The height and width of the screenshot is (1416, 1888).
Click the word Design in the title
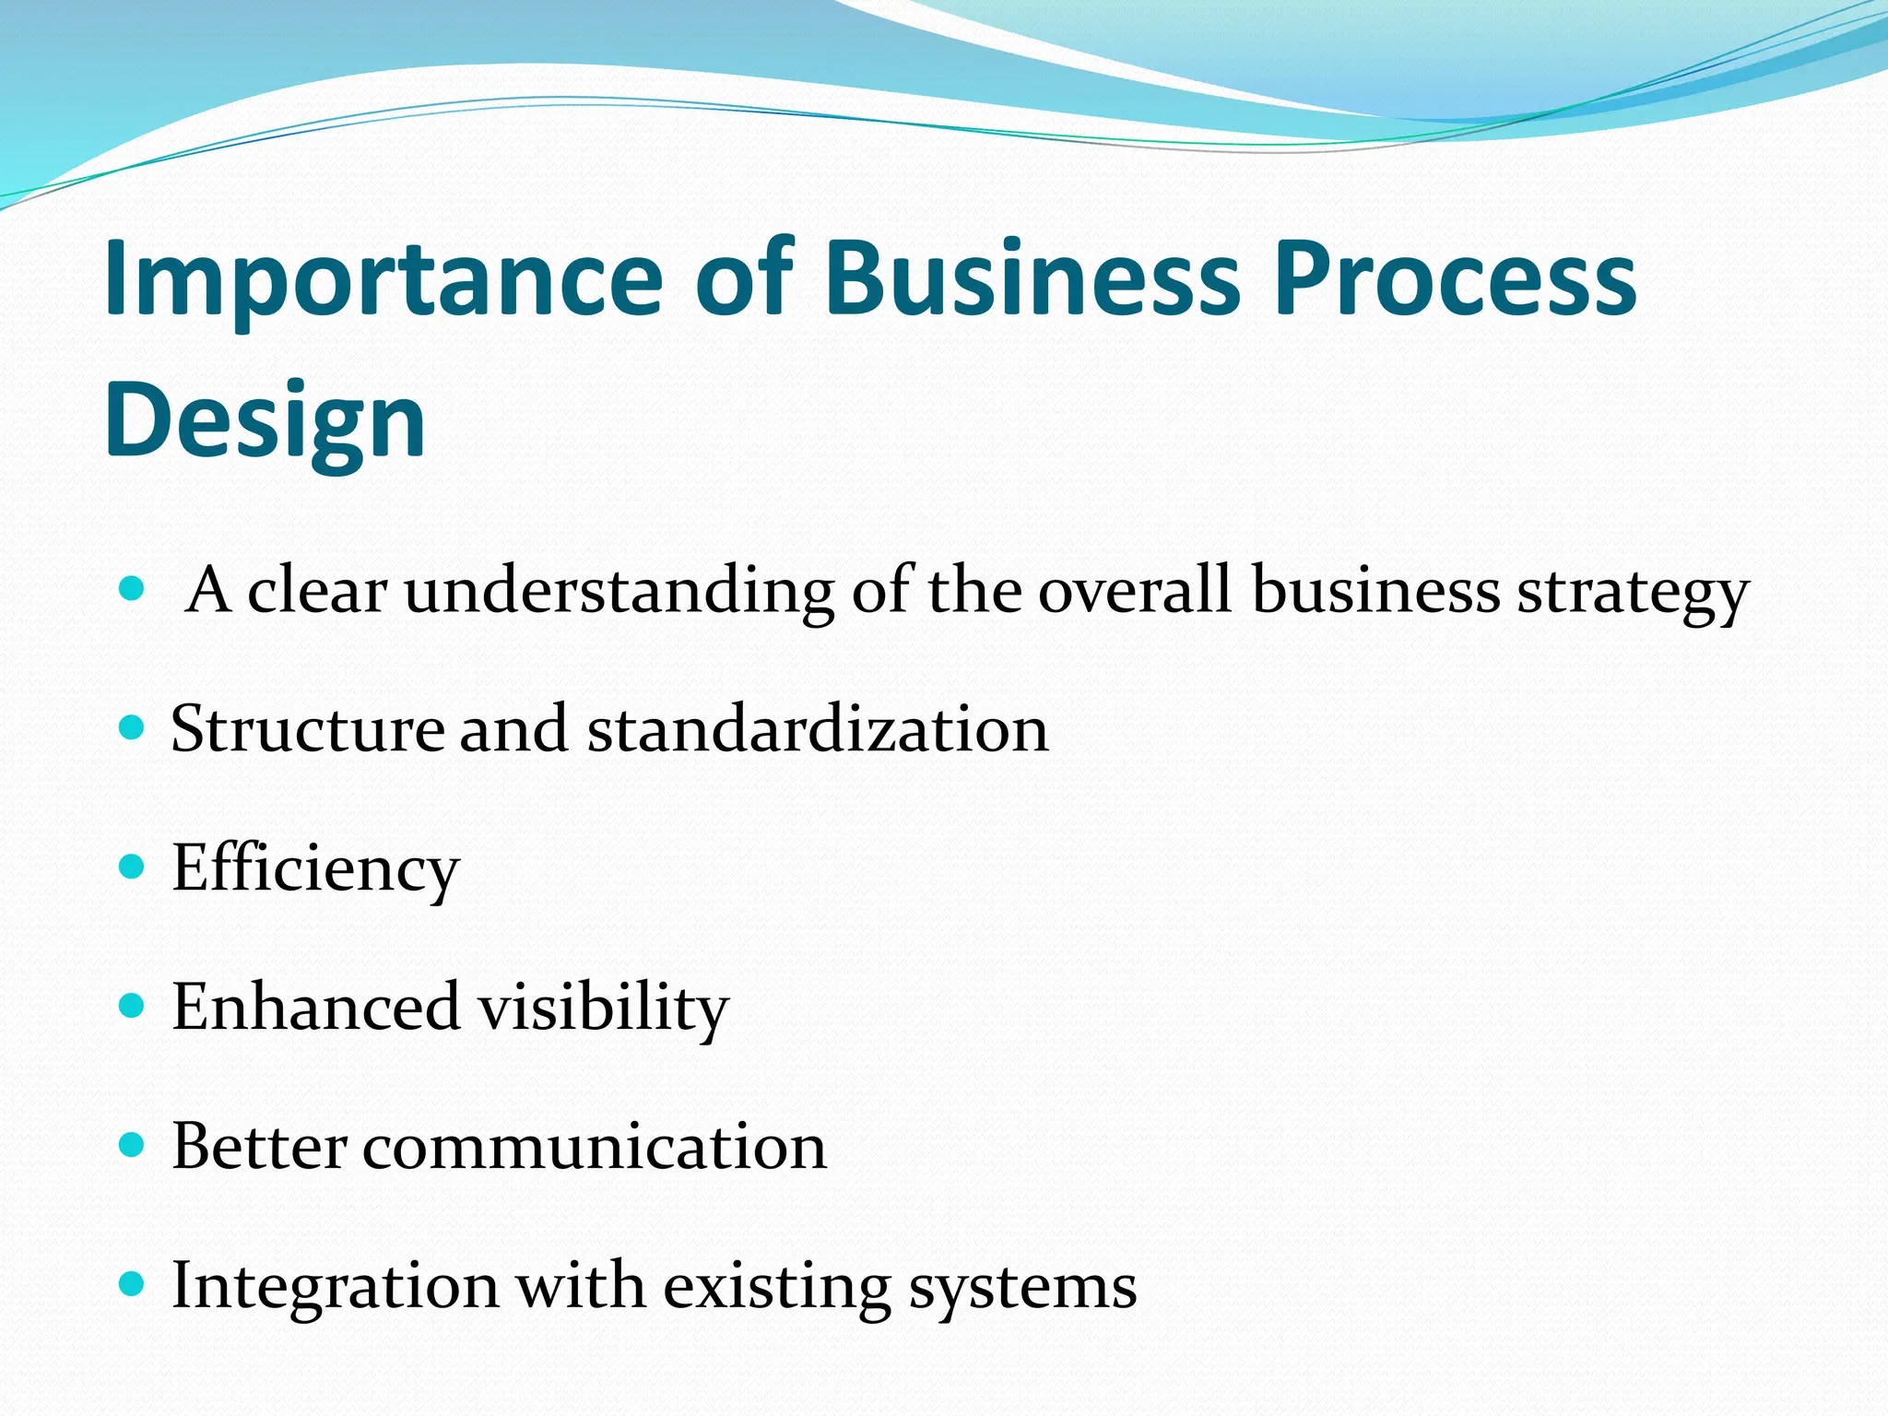coord(265,419)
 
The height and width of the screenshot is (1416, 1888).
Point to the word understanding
coord(619,591)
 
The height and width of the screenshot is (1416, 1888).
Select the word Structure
coord(307,729)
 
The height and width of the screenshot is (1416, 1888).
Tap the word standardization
coord(818,729)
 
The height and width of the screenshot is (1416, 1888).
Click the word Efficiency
coord(315,868)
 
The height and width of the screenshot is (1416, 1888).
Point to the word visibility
coord(604,1008)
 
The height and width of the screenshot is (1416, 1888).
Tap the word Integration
coord(336,1286)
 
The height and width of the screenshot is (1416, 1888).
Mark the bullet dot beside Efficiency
coord(133,867)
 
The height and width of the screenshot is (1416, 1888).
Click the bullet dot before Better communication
coord(133,1145)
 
